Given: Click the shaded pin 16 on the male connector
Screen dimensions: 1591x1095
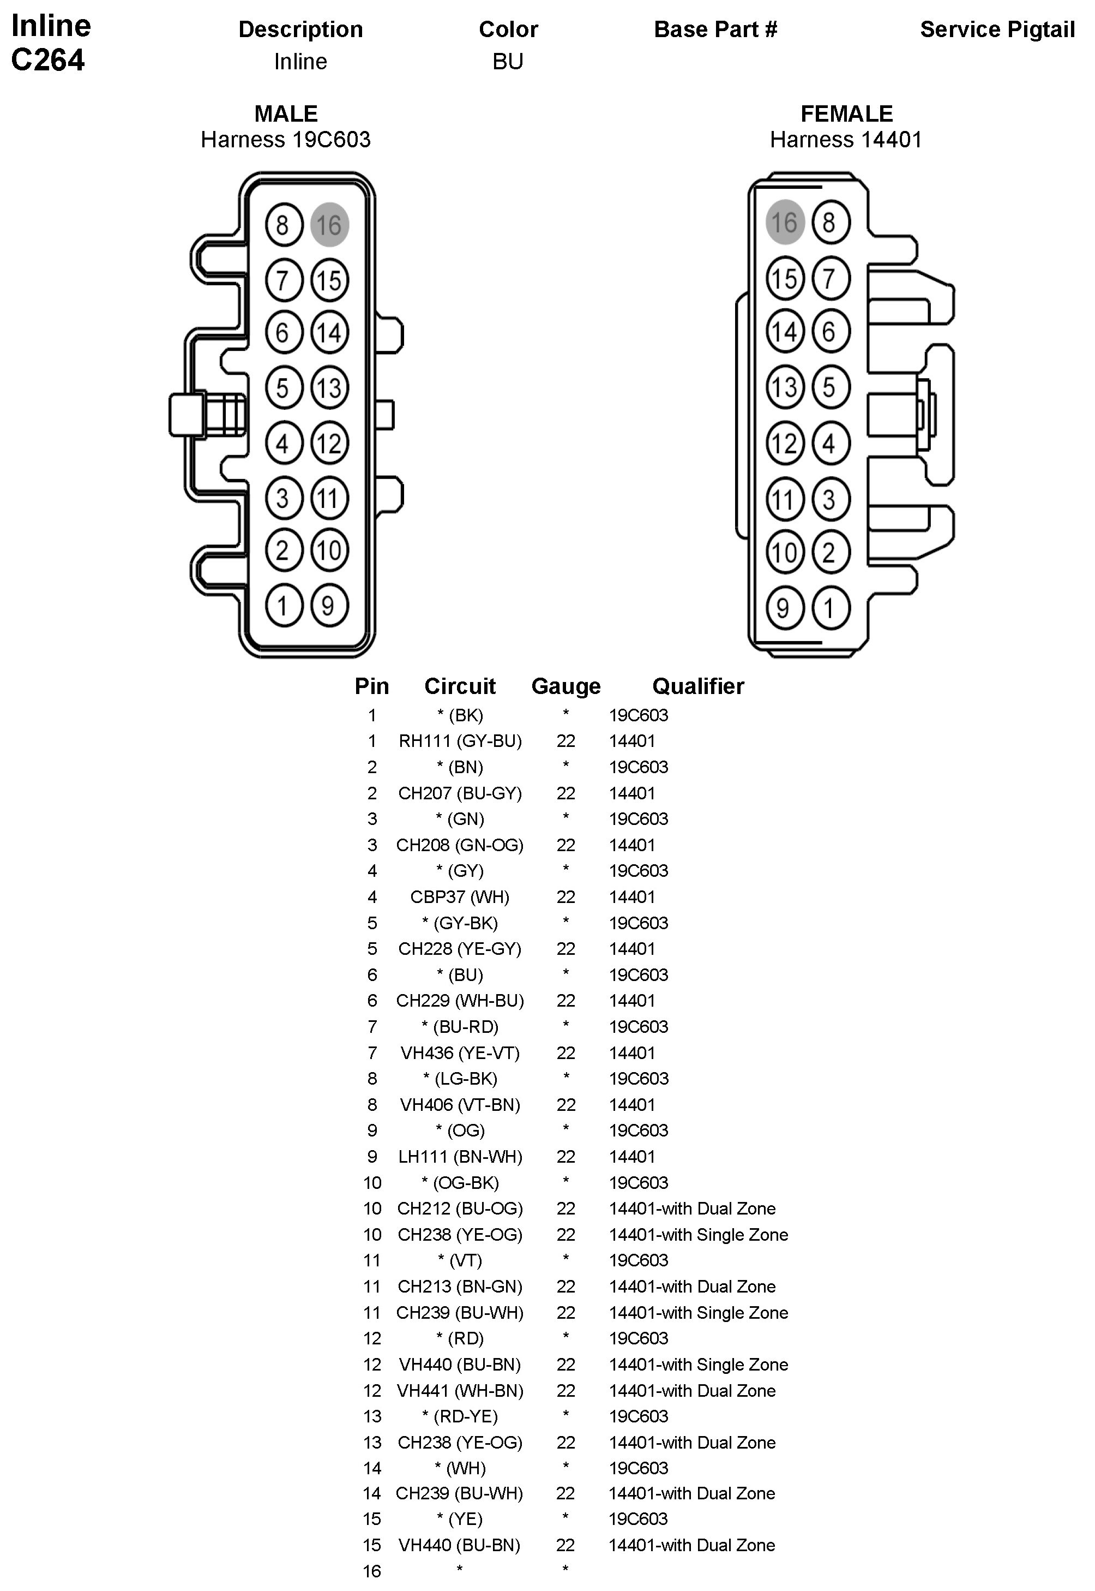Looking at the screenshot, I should [329, 224].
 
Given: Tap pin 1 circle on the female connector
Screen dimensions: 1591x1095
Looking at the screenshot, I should [830, 608].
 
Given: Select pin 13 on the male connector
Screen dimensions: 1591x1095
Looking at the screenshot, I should [329, 388].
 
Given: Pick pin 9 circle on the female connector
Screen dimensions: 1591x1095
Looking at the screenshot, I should [784, 608].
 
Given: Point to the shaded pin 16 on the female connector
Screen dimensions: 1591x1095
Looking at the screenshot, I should [784, 222].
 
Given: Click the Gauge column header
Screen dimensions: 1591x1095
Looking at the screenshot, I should [565, 686].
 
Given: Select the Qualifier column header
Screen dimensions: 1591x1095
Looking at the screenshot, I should [698, 686].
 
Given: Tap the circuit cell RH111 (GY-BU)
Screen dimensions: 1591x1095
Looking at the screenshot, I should [460, 741].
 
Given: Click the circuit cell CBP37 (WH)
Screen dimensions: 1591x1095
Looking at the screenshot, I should [460, 897].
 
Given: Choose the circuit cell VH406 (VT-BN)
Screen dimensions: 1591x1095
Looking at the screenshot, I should [460, 1105].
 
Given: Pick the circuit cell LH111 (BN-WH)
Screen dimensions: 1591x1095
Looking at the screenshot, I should [460, 1157].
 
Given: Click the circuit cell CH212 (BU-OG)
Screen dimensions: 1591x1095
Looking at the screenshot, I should [460, 1209].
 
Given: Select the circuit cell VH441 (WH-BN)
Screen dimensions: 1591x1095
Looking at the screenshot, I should [460, 1391].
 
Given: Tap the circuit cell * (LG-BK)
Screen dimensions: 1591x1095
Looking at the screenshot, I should [460, 1079].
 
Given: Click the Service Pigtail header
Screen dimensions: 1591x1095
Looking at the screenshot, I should [997, 29].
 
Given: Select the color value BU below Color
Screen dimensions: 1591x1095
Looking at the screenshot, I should [508, 62].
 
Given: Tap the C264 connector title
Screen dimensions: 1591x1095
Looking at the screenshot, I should [48, 61].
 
